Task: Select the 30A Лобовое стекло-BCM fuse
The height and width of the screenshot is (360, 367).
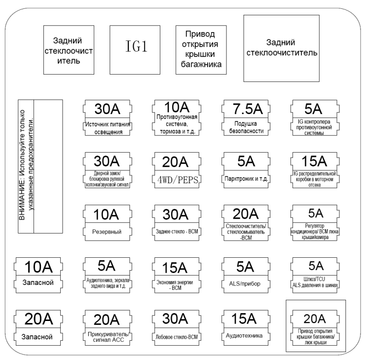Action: click(x=176, y=329)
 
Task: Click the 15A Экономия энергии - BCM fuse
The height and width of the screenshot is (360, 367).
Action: click(x=176, y=276)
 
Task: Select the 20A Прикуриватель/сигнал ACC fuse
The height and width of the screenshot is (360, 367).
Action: click(x=107, y=329)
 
